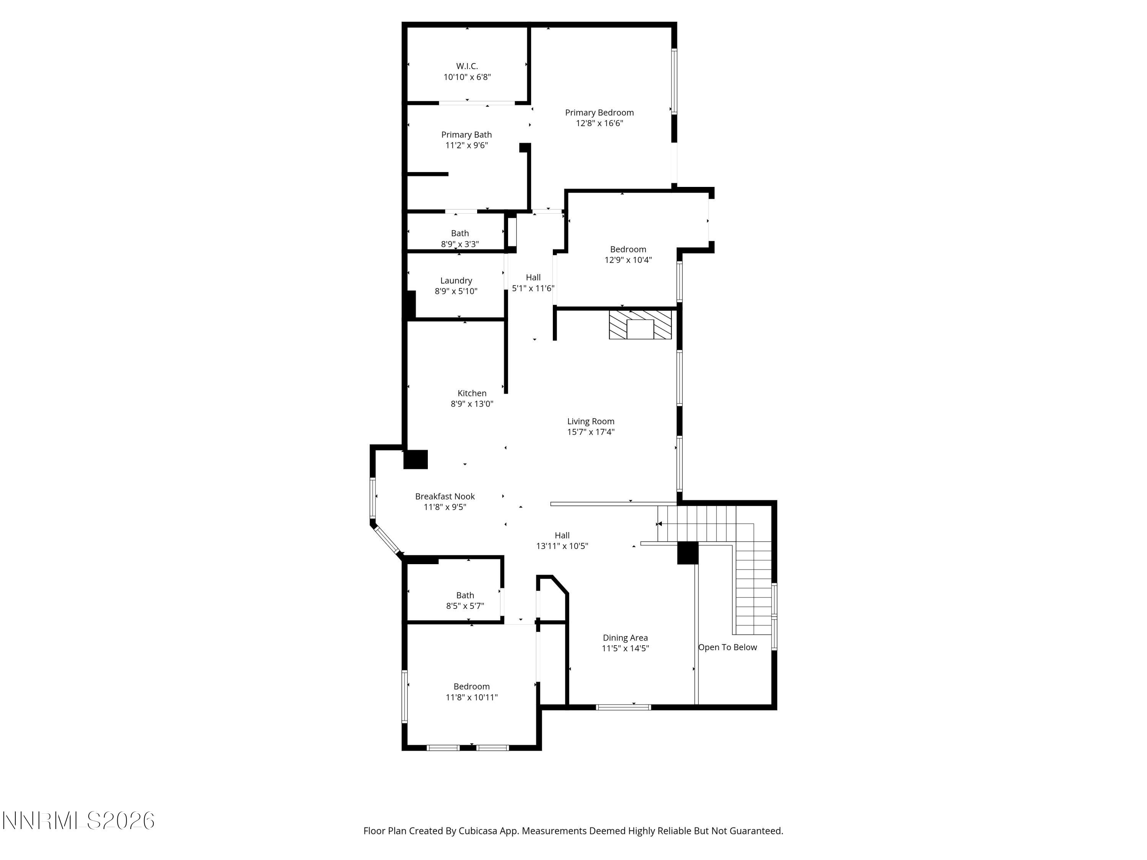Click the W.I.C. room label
coord(467,67)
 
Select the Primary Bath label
coord(466,135)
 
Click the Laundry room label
coord(456,281)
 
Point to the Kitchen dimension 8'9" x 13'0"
coord(471,404)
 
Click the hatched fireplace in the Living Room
coord(640,325)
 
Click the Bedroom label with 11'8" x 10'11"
coord(471,686)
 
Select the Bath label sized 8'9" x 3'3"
coord(460,233)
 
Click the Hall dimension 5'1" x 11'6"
coord(533,288)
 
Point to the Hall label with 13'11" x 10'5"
coord(562,535)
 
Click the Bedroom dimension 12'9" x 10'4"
coord(627,260)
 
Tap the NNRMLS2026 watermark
coord(78,821)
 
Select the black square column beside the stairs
coord(687,553)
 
